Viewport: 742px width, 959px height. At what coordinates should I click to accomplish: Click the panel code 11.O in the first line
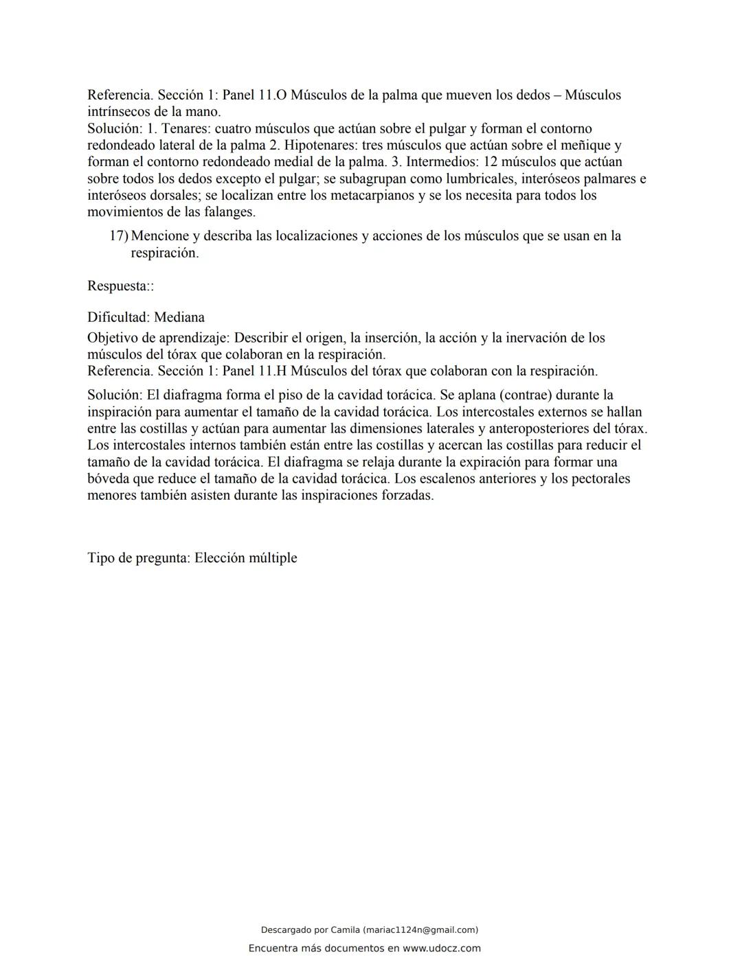point(272,95)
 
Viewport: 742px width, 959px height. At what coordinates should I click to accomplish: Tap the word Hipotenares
point(320,145)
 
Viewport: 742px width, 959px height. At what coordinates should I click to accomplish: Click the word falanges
point(229,212)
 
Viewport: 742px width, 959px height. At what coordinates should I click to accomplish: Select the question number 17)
point(119,236)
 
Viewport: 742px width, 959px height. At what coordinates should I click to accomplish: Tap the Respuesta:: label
point(120,286)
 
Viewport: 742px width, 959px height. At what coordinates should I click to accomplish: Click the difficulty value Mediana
point(179,317)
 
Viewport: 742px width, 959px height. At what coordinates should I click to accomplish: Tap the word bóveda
point(109,478)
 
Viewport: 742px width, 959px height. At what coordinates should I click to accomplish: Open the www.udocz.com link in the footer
point(441,948)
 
